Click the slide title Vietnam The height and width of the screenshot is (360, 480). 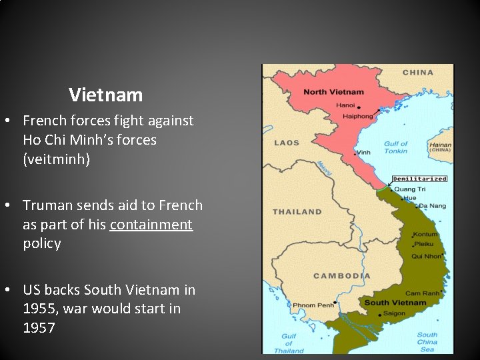tap(105, 95)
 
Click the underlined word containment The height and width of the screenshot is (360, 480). tap(151, 224)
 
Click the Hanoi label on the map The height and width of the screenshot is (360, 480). tap(345, 105)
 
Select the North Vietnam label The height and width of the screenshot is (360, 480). tap(334, 92)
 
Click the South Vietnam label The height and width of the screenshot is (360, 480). tap(395, 303)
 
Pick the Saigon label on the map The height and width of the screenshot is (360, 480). tap(394, 313)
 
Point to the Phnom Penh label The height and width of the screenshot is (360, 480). tap(314, 306)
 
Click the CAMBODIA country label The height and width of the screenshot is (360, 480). tap(342, 276)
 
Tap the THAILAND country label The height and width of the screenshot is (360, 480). tap(297, 212)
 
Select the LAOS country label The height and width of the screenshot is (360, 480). tap(287, 143)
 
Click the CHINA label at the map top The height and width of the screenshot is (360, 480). tap(418, 72)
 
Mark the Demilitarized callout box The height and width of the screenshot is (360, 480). tap(419, 179)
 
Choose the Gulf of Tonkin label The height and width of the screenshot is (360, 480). tap(395, 147)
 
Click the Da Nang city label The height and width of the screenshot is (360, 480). tap(433, 205)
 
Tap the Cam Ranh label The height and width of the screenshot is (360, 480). tap(421, 293)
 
